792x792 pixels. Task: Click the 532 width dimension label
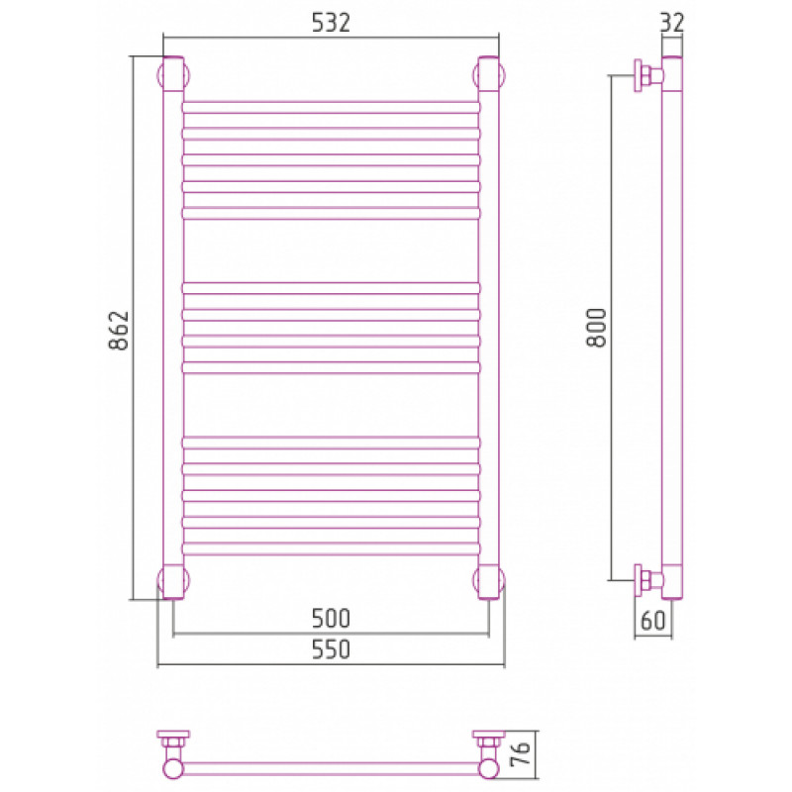(331, 22)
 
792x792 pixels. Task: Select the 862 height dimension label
(119, 331)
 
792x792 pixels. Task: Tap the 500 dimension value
(331, 618)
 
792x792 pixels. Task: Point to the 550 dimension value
(331, 649)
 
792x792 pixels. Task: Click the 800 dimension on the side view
(597, 328)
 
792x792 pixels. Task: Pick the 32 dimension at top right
(672, 22)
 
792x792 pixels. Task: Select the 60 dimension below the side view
(653, 621)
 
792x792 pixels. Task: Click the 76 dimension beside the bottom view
(522, 754)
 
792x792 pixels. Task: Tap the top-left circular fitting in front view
(173, 75)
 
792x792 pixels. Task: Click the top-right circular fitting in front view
(489, 75)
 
